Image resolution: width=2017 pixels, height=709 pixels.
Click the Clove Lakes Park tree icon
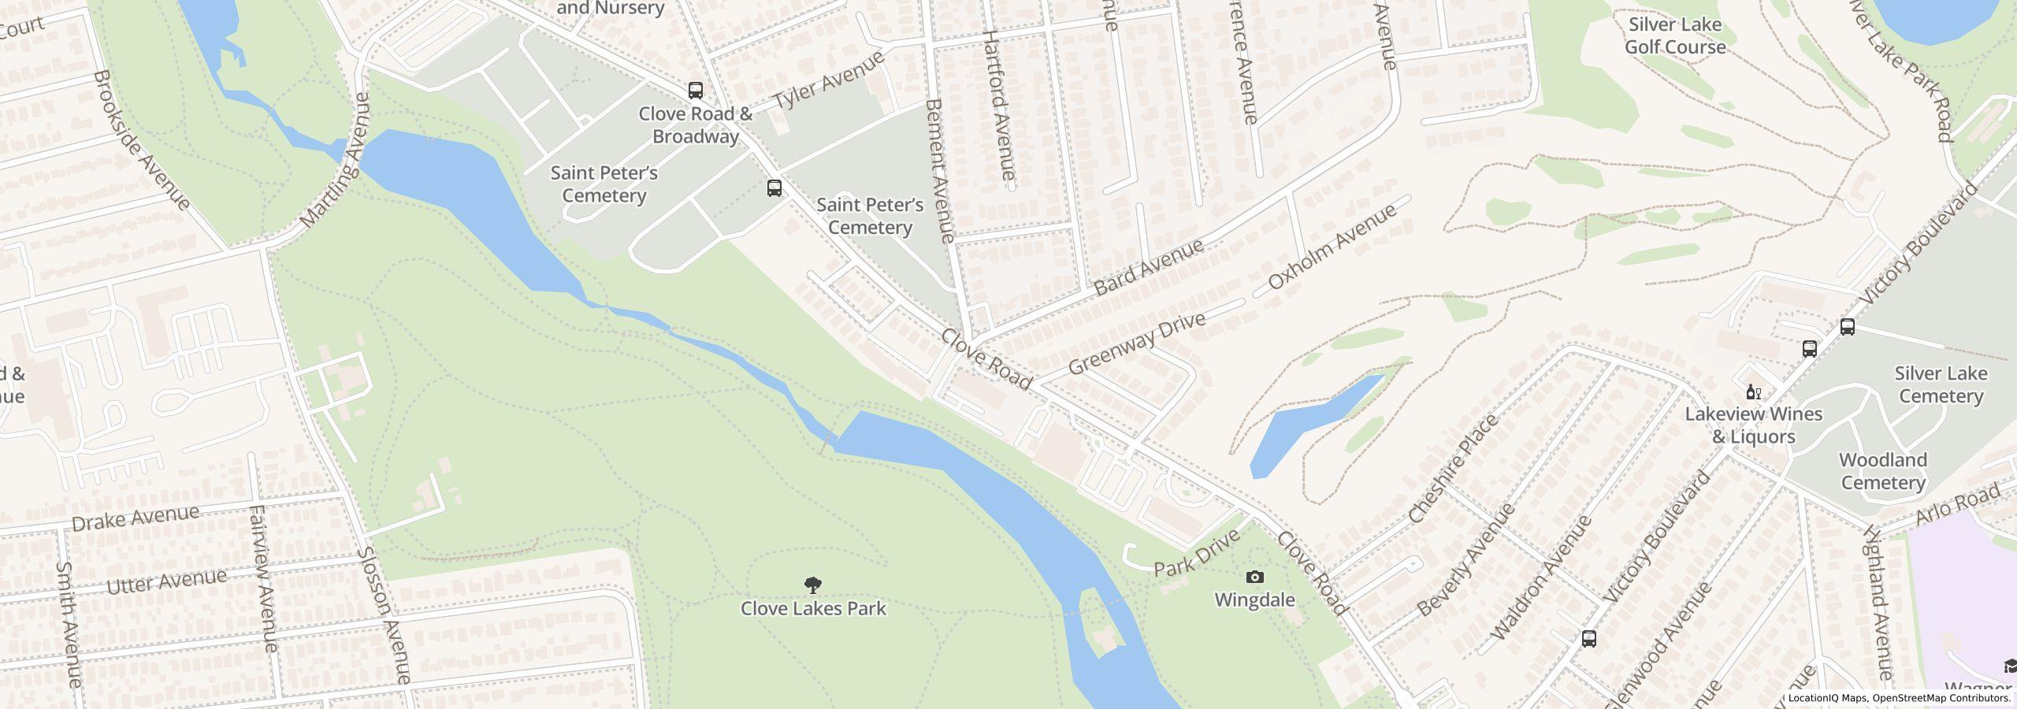click(813, 585)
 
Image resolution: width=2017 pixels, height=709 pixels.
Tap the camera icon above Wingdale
click(1255, 577)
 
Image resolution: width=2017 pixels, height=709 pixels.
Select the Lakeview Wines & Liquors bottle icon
click(1753, 392)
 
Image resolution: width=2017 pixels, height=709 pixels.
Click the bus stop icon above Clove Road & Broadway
click(695, 91)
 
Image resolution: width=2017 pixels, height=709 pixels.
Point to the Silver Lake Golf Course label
click(1675, 36)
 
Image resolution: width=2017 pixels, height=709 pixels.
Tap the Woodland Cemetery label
click(1883, 471)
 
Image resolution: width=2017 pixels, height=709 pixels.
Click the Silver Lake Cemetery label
click(1941, 384)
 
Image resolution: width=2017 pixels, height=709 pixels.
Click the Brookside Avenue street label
click(142, 140)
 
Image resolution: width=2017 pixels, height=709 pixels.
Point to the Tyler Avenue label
click(829, 80)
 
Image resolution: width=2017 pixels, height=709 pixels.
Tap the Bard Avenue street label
click(1149, 267)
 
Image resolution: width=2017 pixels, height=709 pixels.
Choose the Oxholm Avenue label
click(1332, 246)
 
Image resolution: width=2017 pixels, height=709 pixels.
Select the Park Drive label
click(1197, 552)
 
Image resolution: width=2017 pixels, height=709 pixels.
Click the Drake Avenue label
click(136, 518)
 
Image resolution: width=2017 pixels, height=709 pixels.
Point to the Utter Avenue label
click(166, 582)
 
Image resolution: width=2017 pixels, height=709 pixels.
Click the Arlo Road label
click(1957, 504)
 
